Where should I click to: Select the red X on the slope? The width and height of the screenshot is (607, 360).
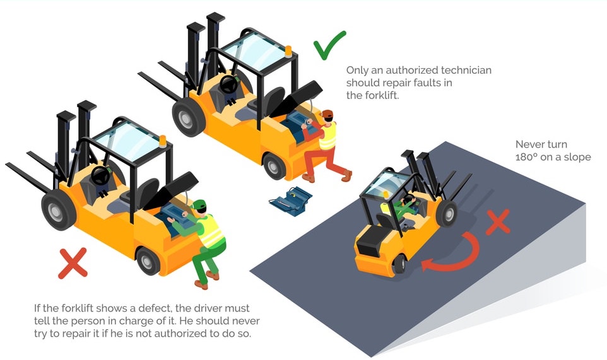coord(497,223)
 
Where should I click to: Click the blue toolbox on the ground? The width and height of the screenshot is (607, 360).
coord(289,201)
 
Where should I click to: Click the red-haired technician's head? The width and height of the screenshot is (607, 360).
coord(327,115)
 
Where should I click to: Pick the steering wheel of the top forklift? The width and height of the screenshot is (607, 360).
coord(228,84)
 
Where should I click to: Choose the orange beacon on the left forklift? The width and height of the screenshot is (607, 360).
coord(162,141)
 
